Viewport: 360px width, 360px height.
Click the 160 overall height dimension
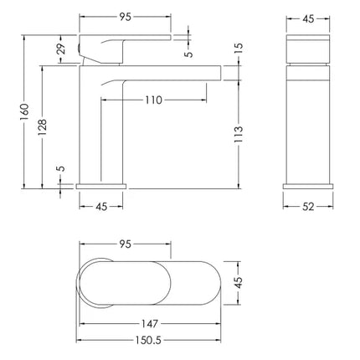coord(24,111)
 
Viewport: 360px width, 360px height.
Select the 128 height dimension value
coord(43,127)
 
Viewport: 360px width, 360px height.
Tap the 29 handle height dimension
coord(62,49)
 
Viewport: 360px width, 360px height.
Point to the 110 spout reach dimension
coord(153,100)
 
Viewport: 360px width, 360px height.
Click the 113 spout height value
coord(239,135)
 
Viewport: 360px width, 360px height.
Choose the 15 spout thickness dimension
coord(239,49)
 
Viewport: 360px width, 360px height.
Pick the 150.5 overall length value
coord(148,340)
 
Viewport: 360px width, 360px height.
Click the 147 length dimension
coord(150,324)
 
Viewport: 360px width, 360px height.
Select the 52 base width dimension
coord(308,207)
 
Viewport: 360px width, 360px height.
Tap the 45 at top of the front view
coord(308,18)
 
